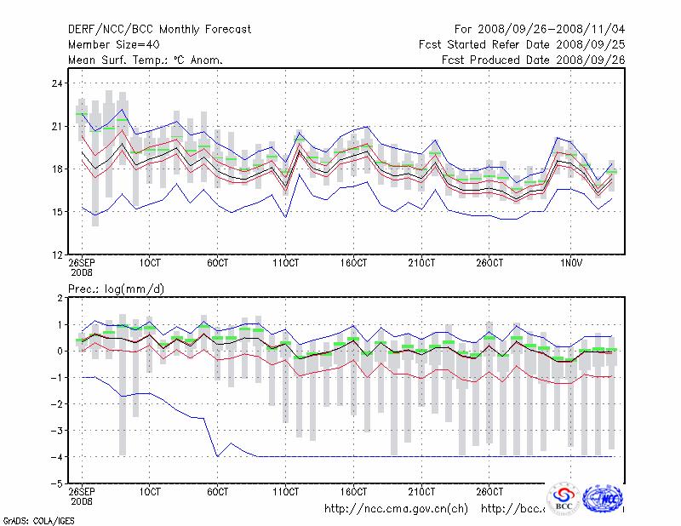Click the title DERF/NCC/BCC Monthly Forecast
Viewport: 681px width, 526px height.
pyautogui.click(x=159, y=30)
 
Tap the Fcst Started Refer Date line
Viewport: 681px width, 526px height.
pyautogui.click(x=522, y=45)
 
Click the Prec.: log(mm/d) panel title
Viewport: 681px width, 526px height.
pyautogui.click(x=117, y=289)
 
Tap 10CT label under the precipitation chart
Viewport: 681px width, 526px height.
pyautogui.click(x=150, y=491)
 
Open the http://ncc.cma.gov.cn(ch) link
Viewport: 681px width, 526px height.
pyautogui.click(x=397, y=509)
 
